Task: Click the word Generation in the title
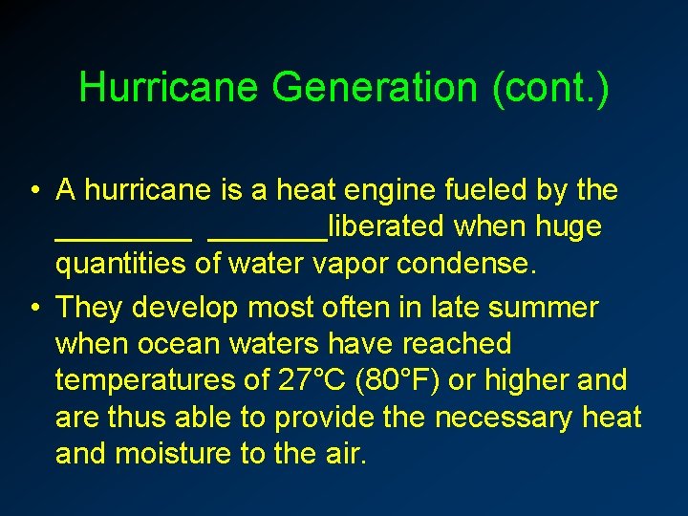[376, 88]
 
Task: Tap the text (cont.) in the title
[549, 88]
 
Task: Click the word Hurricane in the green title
[169, 88]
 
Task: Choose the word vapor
[355, 264]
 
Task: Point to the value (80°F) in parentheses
[398, 380]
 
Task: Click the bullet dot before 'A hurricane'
[34, 190]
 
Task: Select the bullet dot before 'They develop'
[34, 308]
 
